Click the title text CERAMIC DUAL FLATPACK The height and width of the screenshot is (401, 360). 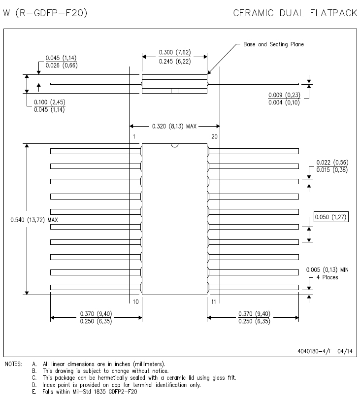(295, 13)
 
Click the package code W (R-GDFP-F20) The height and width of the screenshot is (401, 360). (45, 13)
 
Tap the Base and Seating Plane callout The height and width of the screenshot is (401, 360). (274, 44)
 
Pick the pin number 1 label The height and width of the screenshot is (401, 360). (134, 137)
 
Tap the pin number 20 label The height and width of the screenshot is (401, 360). (214, 137)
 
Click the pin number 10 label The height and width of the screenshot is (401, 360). (136, 302)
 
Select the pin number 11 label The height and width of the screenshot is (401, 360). (214, 302)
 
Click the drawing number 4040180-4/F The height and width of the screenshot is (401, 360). (314, 351)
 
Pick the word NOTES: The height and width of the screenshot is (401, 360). (14, 364)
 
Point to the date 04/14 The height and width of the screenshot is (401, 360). (345, 351)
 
